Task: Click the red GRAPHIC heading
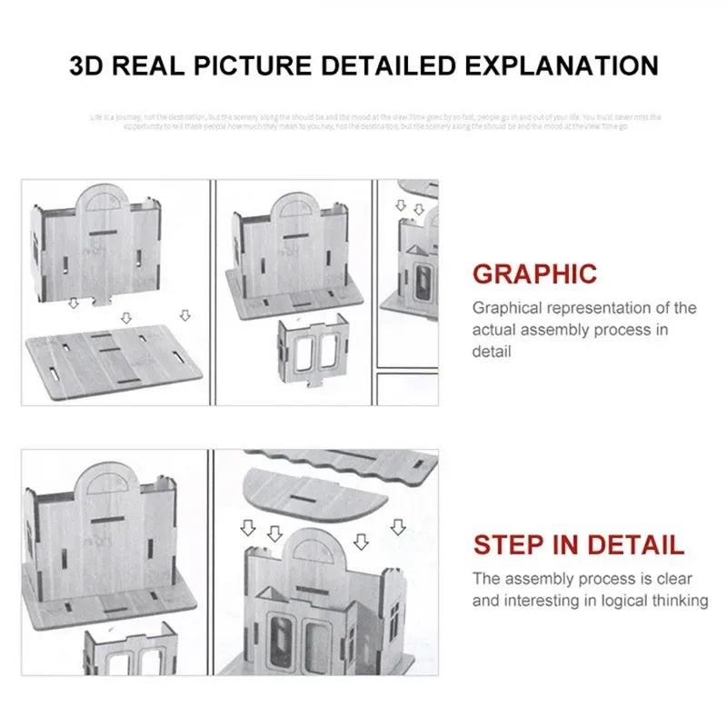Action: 534,274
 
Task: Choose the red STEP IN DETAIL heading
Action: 578,545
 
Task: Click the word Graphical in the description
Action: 511,308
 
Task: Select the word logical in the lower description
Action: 608,600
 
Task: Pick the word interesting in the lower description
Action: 546,600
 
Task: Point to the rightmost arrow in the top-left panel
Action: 185,314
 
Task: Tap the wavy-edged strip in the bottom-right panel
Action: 345,459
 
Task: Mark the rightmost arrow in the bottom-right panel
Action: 396,526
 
